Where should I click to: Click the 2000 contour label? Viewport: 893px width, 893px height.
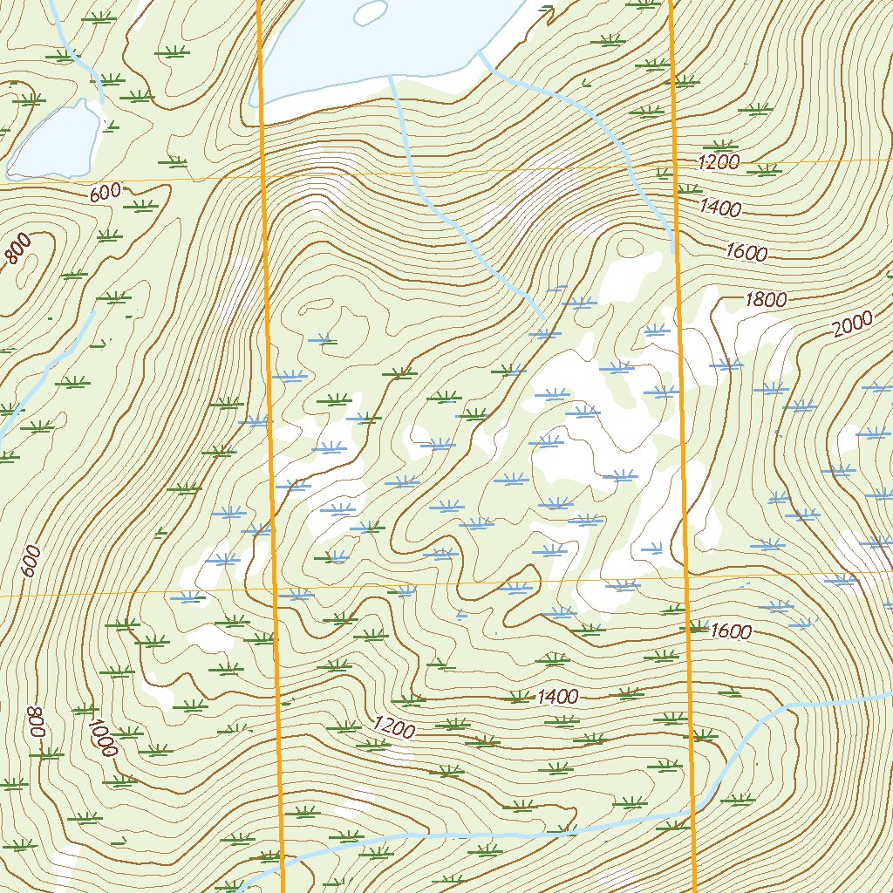(852, 324)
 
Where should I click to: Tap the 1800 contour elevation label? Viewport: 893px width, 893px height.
(766, 300)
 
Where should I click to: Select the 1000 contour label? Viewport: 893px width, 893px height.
(102, 738)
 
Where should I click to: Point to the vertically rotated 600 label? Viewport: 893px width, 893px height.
(31, 561)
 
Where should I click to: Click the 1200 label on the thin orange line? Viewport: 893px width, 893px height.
(719, 161)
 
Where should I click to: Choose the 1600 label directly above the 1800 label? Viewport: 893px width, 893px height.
(746, 253)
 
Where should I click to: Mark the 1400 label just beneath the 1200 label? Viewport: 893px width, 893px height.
(720, 208)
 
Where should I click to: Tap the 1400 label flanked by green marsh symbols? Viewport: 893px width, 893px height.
(558, 696)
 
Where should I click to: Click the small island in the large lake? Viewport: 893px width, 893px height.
(371, 11)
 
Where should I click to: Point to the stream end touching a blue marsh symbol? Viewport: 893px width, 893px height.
(542, 316)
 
